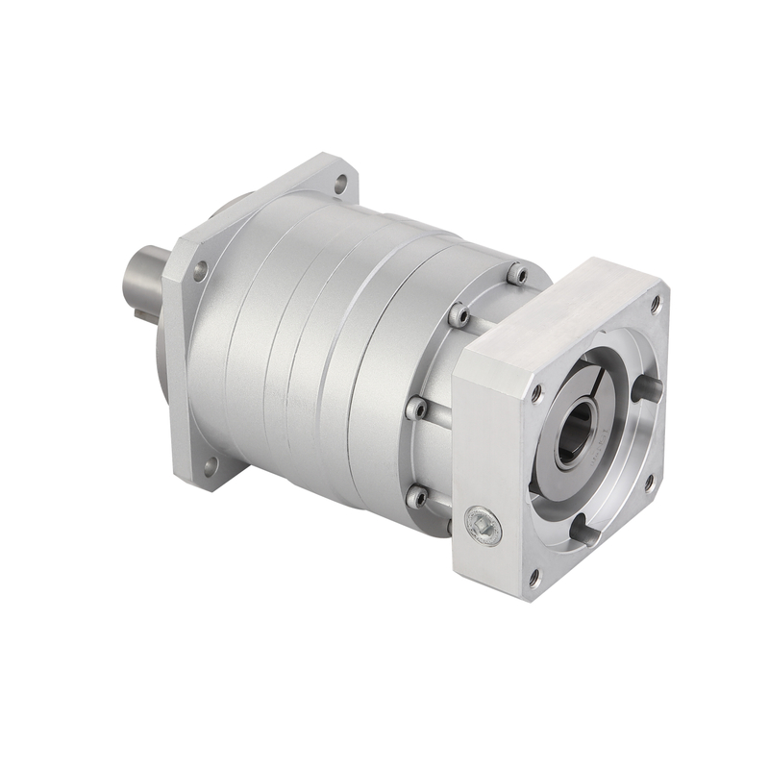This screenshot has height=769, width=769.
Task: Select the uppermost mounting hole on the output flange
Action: pos(339,183)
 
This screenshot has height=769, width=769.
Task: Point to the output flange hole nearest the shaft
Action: pos(199,271)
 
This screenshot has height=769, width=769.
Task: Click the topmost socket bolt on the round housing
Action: pos(518,275)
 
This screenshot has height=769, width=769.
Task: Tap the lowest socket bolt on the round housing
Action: pos(417,498)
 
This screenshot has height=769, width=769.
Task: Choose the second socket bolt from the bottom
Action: pos(417,409)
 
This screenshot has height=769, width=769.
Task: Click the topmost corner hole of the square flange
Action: pos(655,304)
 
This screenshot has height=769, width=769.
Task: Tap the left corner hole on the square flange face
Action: pos(536,393)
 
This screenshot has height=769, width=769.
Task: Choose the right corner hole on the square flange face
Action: pos(650,480)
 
